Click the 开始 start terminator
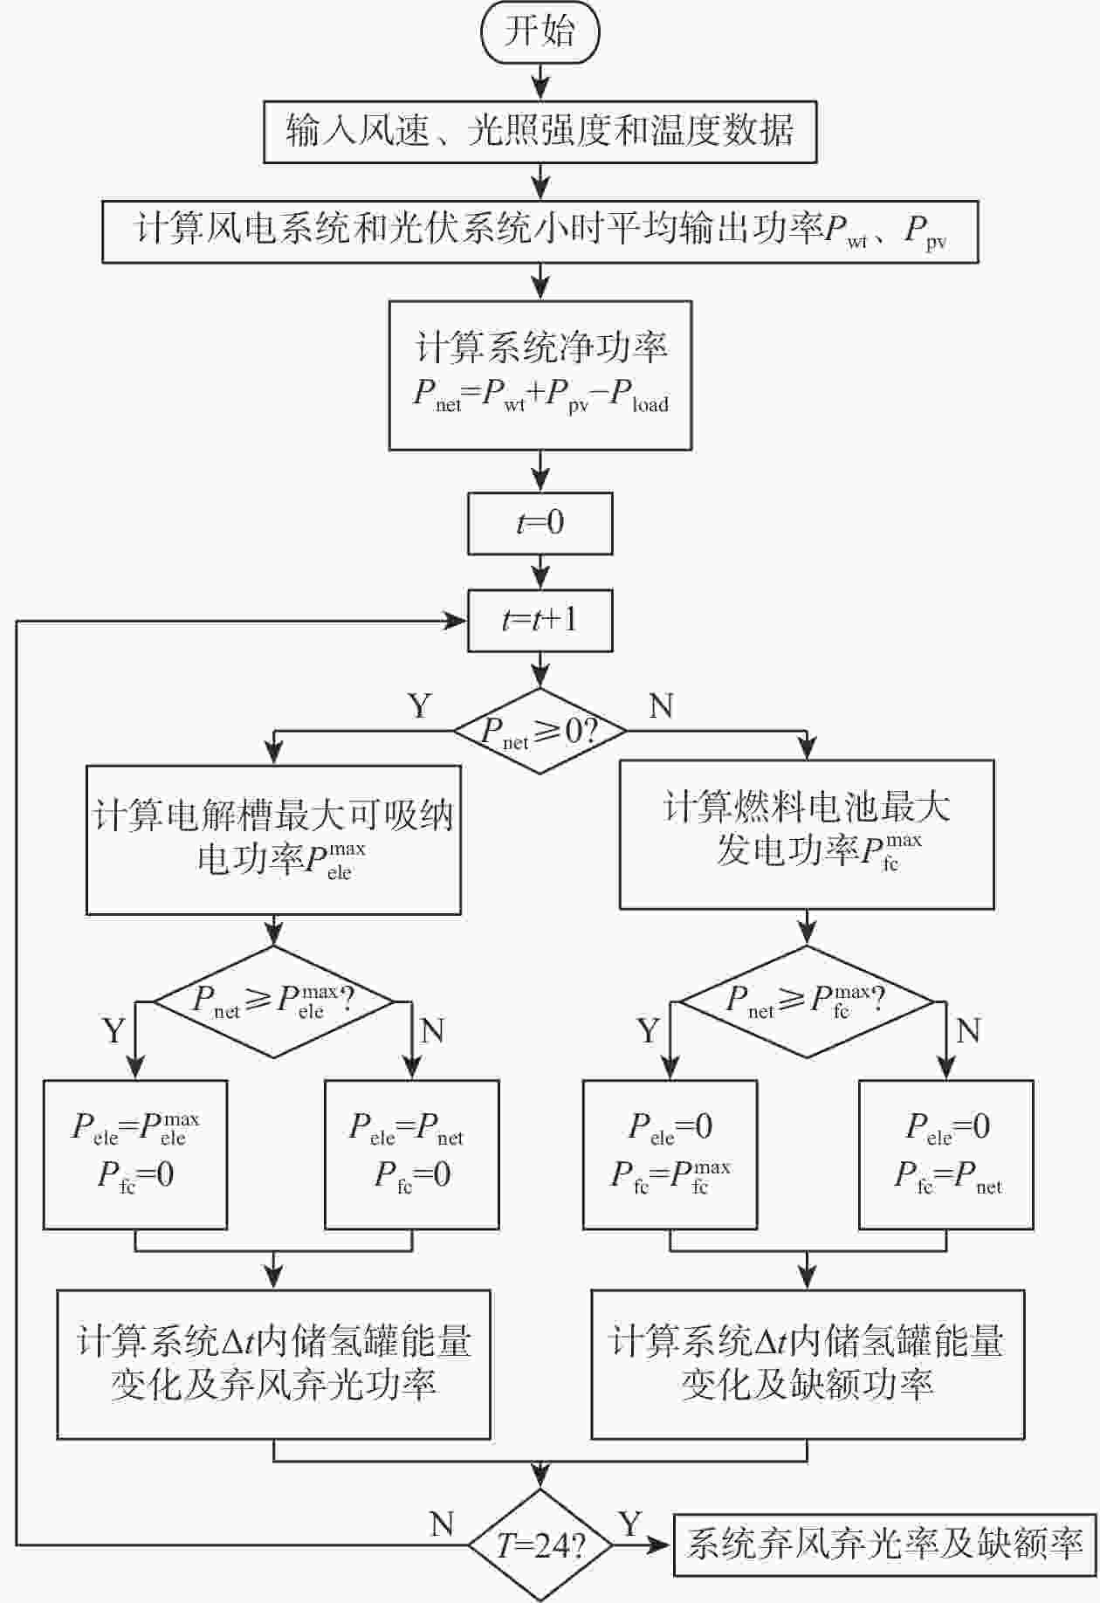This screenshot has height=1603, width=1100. point(540,33)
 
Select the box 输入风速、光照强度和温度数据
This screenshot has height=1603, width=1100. point(540,132)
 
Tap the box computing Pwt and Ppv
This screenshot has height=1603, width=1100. point(540,231)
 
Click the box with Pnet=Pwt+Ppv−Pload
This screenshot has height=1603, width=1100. point(540,375)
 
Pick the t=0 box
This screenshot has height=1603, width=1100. point(540,523)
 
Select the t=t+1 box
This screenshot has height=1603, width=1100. point(540,621)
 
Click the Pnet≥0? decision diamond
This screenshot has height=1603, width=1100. point(540,731)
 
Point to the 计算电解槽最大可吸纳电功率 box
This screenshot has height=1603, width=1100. point(273,840)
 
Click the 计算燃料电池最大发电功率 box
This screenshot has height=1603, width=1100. point(807,834)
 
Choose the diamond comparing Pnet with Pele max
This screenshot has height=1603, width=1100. point(273,1001)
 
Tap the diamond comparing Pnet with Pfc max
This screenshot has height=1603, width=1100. point(807,1001)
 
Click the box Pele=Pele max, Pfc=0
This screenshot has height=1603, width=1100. point(135,1154)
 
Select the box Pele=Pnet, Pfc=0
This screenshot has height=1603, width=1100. point(412,1154)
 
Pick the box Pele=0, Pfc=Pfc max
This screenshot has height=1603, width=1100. point(670,1154)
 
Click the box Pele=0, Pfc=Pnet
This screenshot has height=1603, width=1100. point(946,1154)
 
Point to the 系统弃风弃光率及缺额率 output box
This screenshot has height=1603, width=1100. point(884,1545)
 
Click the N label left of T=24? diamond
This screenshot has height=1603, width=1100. point(442,1524)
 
